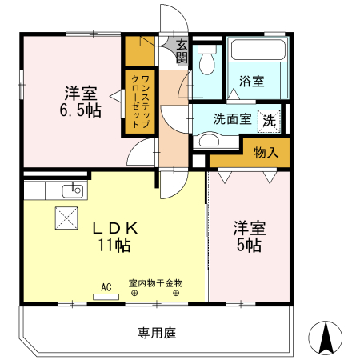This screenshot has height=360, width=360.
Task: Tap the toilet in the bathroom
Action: (x=208, y=59)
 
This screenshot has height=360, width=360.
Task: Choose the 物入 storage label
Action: (x=266, y=152)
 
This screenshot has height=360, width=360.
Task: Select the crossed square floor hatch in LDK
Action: (x=64, y=216)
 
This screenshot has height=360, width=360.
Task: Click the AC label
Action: (x=106, y=286)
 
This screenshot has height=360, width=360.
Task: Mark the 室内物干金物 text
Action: (x=155, y=283)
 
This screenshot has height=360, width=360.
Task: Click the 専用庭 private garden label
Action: (x=156, y=331)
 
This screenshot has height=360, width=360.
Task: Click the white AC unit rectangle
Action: (x=105, y=296)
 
